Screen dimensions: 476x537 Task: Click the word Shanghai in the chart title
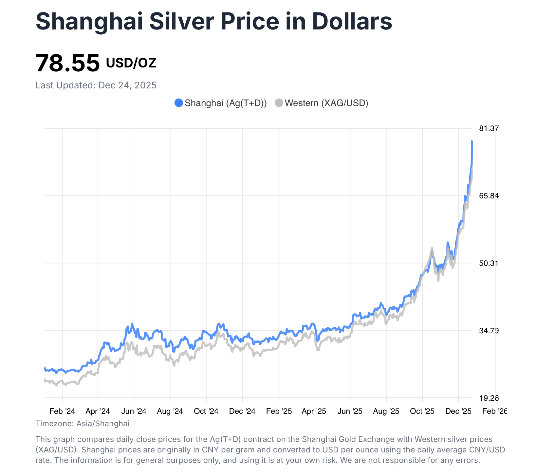tap(89, 22)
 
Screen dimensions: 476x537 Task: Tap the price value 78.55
tap(67, 63)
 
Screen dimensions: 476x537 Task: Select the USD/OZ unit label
tap(131, 63)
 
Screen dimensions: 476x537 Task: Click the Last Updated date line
tap(96, 85)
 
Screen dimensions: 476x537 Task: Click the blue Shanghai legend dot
tap(178, 103)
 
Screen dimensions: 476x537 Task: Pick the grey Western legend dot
tap(279, 103)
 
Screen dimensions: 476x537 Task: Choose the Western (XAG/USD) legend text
tap(326, 103)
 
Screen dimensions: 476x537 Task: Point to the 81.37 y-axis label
tap(489, 128)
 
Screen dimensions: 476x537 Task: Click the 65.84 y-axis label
tap(489, 196)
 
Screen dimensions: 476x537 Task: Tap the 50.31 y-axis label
tap(489, 263)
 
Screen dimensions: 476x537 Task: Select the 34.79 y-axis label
tap(489, 331)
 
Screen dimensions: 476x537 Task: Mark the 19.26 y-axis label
tap(489, 398)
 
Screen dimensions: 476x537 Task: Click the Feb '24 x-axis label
tap(62, 411)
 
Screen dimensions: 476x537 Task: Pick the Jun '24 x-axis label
tap(134, 411)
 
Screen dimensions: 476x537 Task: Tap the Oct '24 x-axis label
tap(206, 411)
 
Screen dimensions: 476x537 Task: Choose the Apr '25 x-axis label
tap(314, 411)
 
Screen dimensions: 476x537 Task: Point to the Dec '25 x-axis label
tap(458, 411)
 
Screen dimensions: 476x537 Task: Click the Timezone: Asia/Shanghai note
tap(82, 424)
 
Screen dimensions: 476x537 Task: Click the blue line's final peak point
tap(472, 140)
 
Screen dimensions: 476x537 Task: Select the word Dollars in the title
tap(352, 22)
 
